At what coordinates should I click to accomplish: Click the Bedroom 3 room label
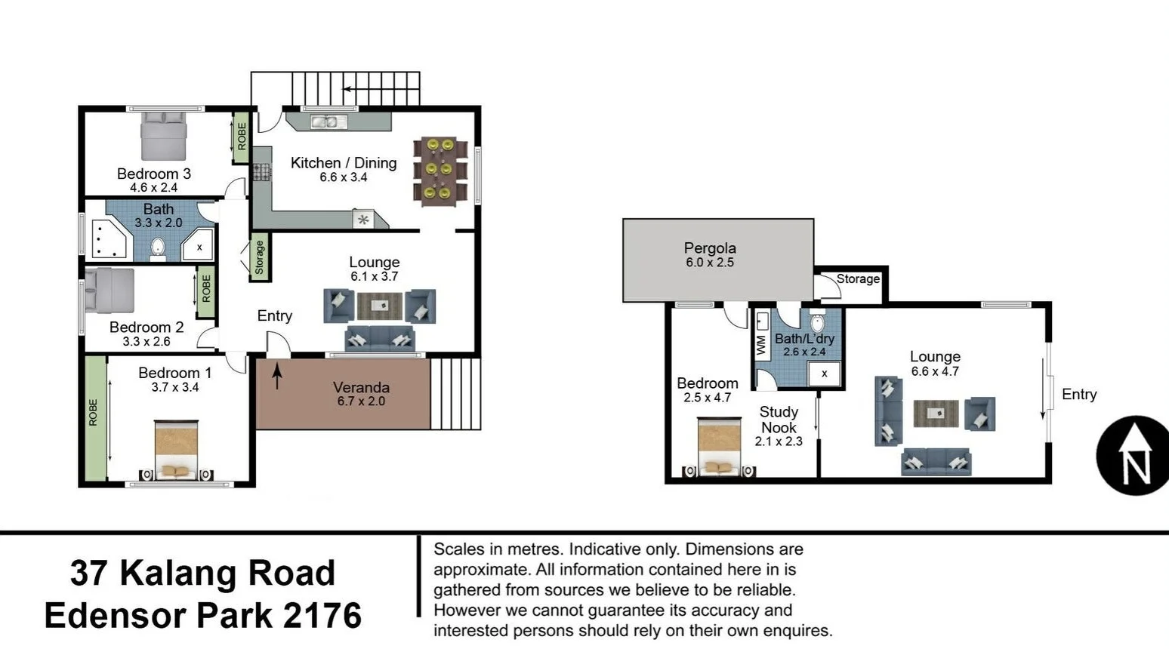(x=154, y=174)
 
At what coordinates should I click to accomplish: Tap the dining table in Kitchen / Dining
(x=440, y=171)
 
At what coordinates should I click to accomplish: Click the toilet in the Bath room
(x=158, y=247)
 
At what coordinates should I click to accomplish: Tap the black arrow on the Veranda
(x=277, y=376)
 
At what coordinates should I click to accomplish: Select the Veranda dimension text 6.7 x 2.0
(x=361, y=401)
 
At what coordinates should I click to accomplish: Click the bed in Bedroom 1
(x=176, y=450)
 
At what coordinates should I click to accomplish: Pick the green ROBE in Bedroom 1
(x=94, y=418)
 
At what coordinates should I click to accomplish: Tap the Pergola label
(x=710, y=248)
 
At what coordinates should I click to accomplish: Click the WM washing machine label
(x=761, y=346)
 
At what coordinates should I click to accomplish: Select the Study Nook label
(x=779, y=420)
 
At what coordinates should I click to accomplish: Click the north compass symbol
(x=1132, y=456)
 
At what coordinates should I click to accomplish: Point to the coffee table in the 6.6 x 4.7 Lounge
(x=936, y=414)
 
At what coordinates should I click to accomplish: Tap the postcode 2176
(x=322, y=616)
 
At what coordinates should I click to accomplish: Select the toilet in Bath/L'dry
(x=817, y=322)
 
